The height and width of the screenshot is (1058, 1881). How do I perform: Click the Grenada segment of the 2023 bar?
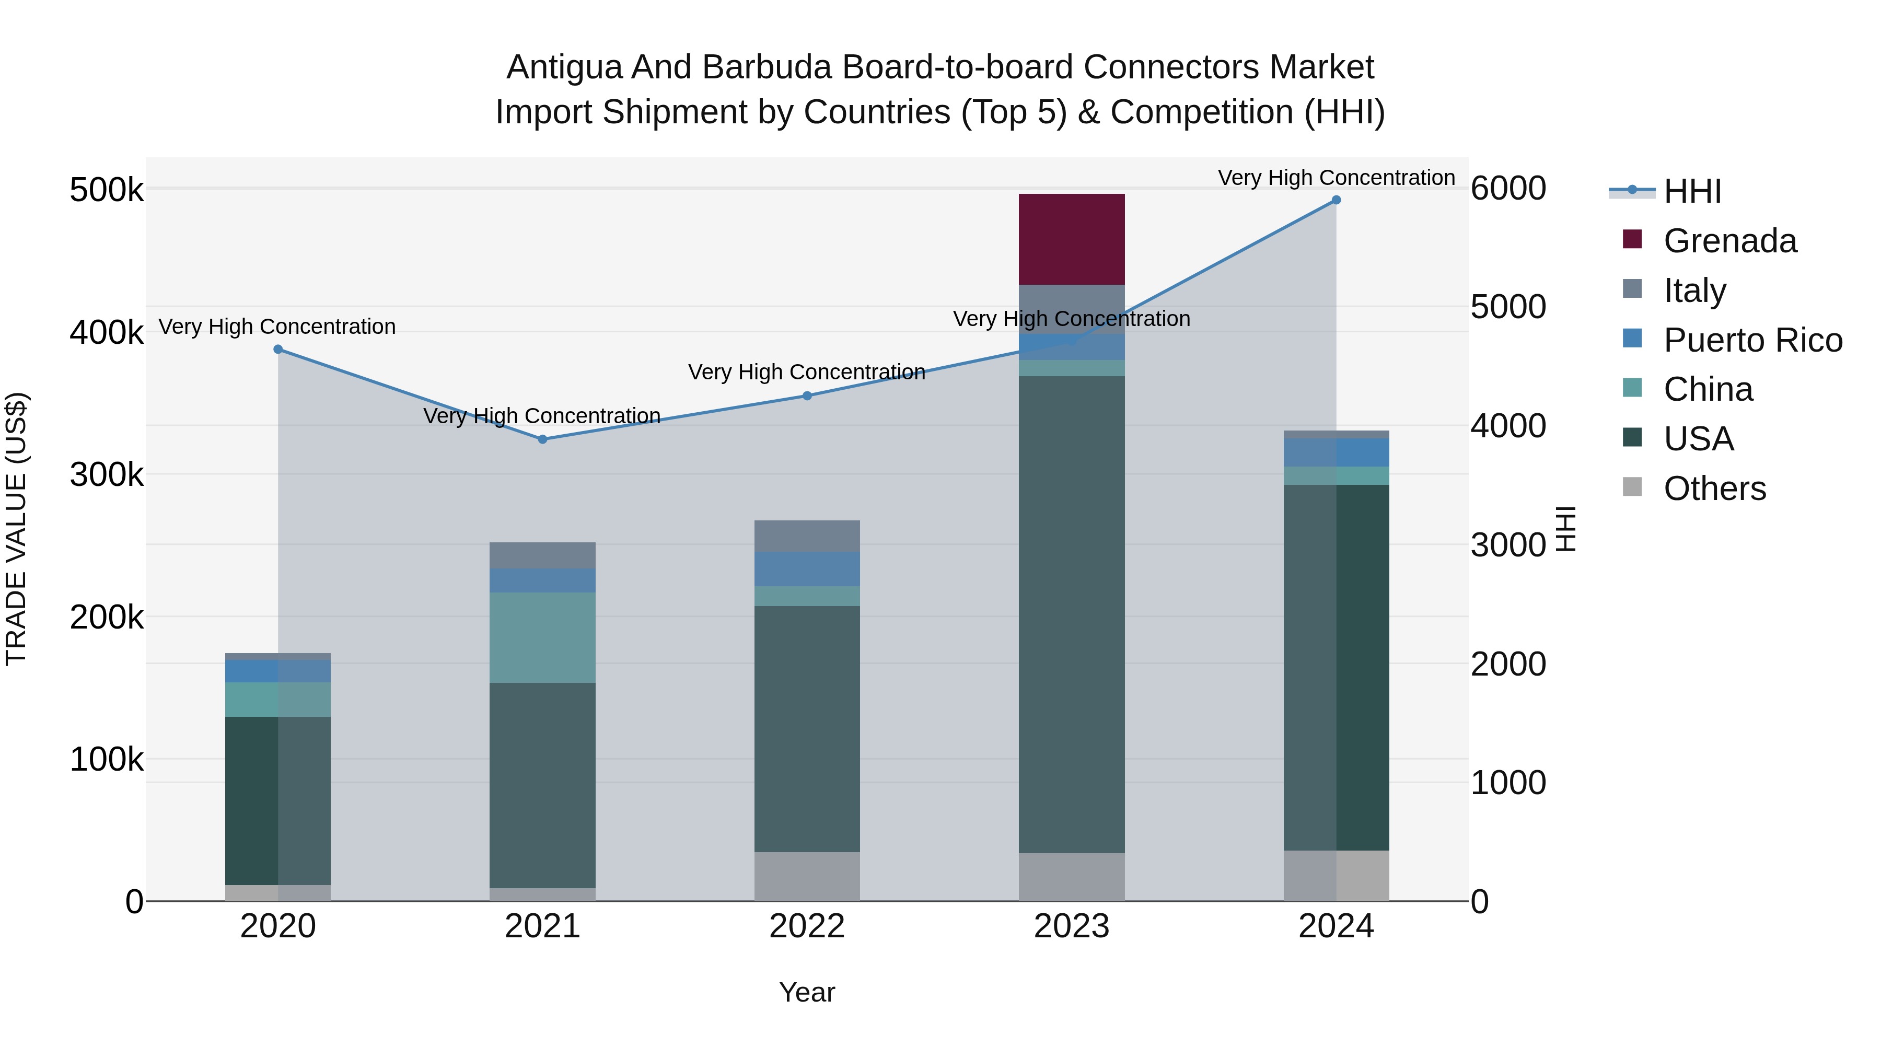pos(1071,239)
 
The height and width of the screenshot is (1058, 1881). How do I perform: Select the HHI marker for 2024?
pos(1336,200)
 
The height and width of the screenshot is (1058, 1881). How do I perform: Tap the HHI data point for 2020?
pos(278,350)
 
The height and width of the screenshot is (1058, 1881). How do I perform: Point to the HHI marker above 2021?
pos(542,439)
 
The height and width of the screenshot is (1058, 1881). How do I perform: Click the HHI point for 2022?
pos(807,396)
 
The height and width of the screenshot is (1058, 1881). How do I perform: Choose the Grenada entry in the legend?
pos(1729,241)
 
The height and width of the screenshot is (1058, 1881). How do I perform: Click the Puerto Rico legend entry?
pos(1752,340)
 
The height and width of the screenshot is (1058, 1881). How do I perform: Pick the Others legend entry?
pos(1714,489)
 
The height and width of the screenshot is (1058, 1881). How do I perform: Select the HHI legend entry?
pos(1692,191)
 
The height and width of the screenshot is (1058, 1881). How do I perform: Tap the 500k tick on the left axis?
pos(107,191)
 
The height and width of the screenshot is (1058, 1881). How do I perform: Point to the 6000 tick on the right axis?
pos(1508,189)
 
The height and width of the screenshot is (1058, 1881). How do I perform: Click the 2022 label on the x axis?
pos(807,926)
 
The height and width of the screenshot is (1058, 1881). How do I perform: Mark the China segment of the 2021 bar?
pos(542,637)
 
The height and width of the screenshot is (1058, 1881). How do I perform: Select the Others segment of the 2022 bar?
pos(807,876)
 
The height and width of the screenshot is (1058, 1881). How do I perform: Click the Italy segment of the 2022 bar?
pos(807,536)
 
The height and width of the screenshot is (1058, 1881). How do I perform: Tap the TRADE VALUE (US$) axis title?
pos(16,529)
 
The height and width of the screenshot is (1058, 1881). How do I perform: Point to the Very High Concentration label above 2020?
pos(277,327)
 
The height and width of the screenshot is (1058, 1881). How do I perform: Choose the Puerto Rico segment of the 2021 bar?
pos(542,580)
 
